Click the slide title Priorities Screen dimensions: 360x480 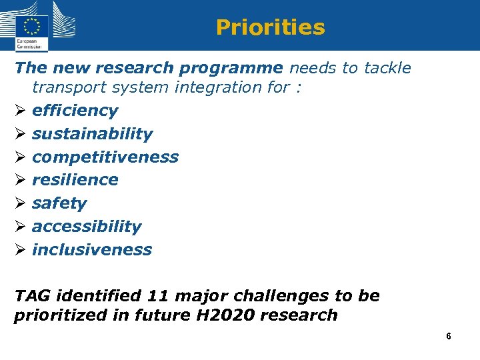pyautogui.click(x=270, y=27)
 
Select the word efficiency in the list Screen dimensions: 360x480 pyautogui.click(x=75, y=111)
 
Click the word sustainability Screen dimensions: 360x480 pyautogui.click(x=92, y=134)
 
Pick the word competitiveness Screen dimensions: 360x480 pyautogui.click(x=105, y=157)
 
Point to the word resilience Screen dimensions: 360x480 pyautogui.click(x=75, y=180)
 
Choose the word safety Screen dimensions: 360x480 pyautogui.click(x=59, y=203)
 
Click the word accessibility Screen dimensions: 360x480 pyautogui.click(x=87, y=227)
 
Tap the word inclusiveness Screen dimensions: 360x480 pyautogui.click(x=92, y=250)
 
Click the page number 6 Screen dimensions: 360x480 pyautogui.click(x=449, y=337)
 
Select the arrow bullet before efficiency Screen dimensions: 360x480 pyautogui.click(x=19, y=111)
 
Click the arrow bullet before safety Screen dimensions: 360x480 pyautogui.click(x=19, y=203)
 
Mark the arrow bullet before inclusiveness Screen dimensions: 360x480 pyautogui.click(x=19, y=250)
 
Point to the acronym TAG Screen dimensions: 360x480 pyautogui.click(x=32, y=296)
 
